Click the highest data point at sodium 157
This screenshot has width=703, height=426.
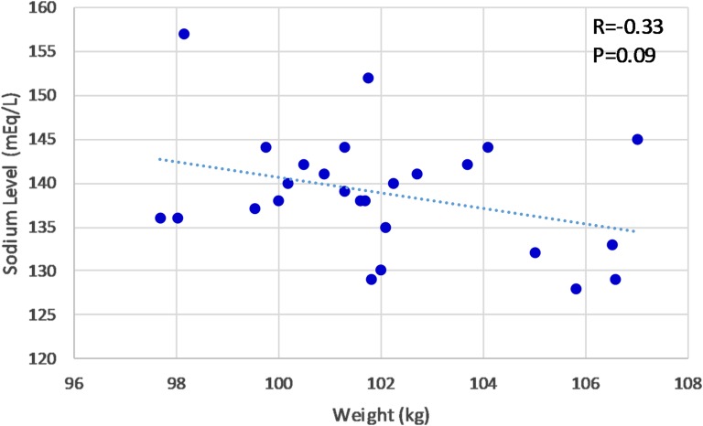click(184, 34)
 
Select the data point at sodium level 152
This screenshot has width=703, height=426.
click(368, 78)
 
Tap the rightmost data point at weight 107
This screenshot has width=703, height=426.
click(637, 140)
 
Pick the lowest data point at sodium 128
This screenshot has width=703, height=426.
click(576, 289)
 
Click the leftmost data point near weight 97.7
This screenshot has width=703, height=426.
click(160, 218)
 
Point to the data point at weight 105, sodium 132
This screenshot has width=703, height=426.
click(535, 252)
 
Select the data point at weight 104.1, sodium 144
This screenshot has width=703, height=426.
click(488, 147)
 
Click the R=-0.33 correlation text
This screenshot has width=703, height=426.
click(628, 27)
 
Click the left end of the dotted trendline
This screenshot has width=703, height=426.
click(160, 159)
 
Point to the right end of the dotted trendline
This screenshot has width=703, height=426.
click(635, 231)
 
